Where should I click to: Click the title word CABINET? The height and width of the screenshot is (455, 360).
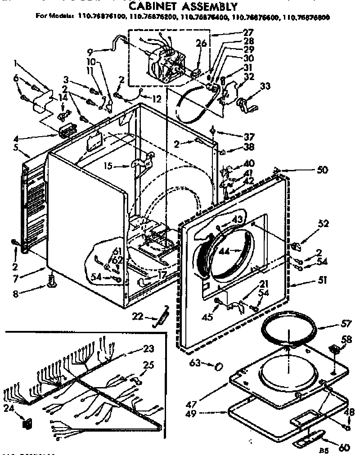(x=154, y=6)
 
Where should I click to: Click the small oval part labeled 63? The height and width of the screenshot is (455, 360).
(x=218, y=366)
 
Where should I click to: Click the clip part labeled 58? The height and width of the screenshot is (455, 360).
(x=333, y=349)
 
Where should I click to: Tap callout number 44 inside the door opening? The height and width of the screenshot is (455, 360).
(x=225, y=252)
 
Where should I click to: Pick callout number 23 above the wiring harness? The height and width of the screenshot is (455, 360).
(x=148, y=348)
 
